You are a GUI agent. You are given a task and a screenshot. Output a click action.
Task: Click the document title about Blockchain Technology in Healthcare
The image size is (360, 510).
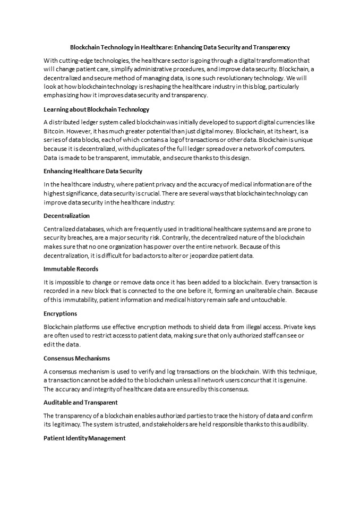pyautogui.click(x=180, y=47)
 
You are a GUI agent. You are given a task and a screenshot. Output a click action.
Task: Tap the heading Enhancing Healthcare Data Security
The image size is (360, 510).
pyautogui.click(x=93, y=171)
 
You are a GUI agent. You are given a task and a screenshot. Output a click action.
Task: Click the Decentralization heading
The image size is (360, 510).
pyautogui.click(x=66, y=216)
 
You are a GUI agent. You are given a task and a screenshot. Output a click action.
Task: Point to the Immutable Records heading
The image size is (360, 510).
pyautogui.click(x=71, y=269)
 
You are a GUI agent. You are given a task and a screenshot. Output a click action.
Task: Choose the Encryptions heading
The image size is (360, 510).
pyautogui.click(x=60, y=313)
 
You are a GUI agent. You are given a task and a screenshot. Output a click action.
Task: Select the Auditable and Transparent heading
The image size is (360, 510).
pyautogui.click(x=81, y=402)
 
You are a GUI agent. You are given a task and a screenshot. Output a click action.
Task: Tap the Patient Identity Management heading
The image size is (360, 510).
pyautogui.click(x=84, y=438)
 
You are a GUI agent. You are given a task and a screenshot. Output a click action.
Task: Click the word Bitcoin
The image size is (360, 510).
pyautogui.click(x=54, y=131)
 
